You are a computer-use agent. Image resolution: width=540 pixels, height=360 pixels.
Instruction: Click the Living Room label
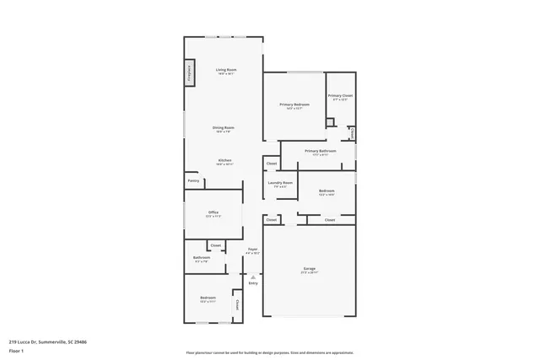click(225, 69)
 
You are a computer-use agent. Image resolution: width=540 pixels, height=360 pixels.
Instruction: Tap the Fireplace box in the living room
click(190, 73)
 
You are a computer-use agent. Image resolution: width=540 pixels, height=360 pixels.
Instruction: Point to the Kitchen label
click(224, 159)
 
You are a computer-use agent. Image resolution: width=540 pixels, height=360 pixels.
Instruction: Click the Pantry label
click(193, 180)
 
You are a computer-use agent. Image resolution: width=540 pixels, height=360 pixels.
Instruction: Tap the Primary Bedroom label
click(295, 105)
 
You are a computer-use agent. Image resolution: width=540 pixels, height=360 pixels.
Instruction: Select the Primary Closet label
click(340, 96)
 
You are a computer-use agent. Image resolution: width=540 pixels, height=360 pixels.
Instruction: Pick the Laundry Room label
click(280, 183)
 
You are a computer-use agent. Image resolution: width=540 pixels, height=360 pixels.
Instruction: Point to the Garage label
click(310, 268)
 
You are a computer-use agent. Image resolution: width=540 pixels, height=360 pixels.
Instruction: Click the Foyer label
click(252, 249)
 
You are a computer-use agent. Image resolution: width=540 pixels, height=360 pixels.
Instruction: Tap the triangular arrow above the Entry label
click(252, 276)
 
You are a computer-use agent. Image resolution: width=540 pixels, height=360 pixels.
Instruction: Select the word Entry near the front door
click(252, 282)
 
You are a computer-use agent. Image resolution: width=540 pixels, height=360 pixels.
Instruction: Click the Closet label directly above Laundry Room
click(272, 164)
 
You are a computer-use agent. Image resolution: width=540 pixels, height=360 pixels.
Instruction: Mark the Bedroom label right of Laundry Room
click(327, 191)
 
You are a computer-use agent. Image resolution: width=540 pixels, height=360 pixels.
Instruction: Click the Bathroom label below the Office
click(202, 257)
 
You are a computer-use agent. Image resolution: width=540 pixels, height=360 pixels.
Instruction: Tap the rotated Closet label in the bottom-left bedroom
click(237, 304)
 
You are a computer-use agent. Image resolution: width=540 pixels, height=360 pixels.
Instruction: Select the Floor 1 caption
click(16, 351)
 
